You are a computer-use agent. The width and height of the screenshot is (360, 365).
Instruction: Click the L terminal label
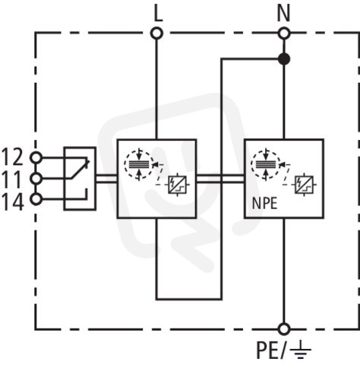click(x=158, y=14)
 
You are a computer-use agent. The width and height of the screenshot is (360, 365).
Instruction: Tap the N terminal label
click(x=283, y=14)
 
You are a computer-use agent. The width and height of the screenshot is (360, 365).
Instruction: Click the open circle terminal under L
click(x=156, y=33)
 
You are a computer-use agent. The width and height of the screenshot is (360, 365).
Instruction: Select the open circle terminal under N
click(x=284, y=33)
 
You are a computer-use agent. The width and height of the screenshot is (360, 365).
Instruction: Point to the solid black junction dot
click(x=284, y=59)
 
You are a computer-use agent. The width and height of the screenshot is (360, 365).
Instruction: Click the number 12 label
click(x=13, y=157)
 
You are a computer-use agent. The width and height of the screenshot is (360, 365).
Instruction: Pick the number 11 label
click(x=13, y=179)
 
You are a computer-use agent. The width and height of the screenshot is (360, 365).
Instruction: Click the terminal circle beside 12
click(x=36, y=157)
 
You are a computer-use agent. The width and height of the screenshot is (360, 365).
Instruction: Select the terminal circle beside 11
click(x=36, y=179)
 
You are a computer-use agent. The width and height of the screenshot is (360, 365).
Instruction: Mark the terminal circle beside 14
click(x=36, y=199)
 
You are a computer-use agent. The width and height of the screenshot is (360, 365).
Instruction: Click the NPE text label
click(x=264, y=203)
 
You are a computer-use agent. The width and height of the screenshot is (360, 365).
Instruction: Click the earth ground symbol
click(x=300, y=350)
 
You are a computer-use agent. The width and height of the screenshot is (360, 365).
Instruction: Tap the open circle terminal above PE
click(x=284, y=329)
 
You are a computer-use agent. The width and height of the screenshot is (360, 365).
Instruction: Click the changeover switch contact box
click(x=80, y=179)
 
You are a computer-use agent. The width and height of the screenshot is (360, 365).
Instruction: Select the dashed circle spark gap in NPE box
click(x=266, y=165)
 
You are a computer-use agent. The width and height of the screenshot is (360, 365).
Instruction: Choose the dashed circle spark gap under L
click(x=139, y=165)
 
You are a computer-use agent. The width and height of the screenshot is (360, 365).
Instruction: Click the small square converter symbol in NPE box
click(x=304, y=185)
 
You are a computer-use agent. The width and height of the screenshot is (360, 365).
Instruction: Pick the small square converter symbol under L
click(x=177, y=185)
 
